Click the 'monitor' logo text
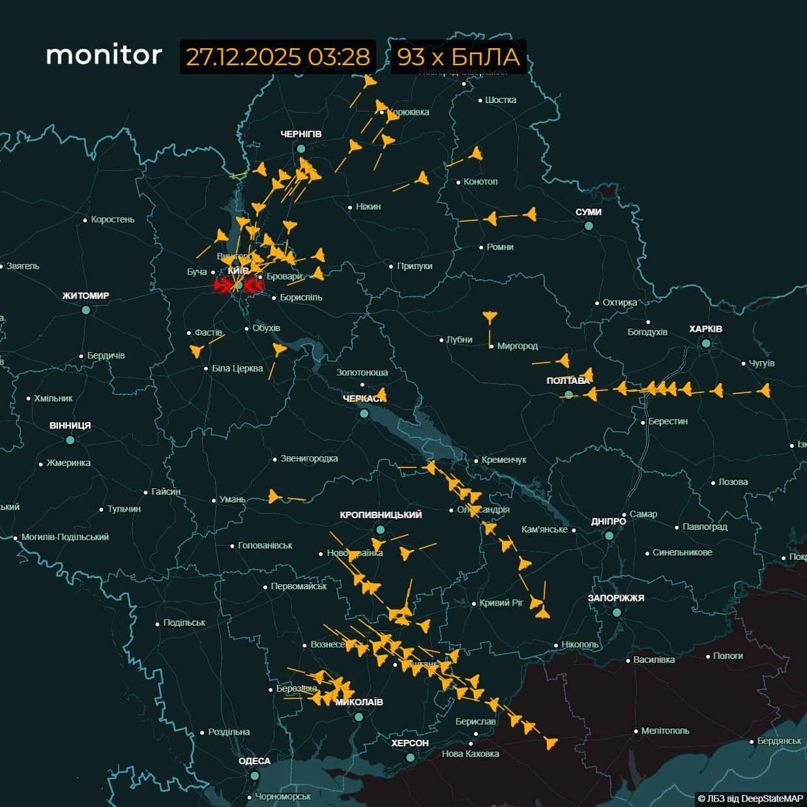point(104,55)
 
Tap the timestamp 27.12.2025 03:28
point(278,57)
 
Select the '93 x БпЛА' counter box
point(458,57)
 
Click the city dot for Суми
point(589,226)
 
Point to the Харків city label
point(705,329)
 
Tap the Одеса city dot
point(255,776)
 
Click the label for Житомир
point(85,296)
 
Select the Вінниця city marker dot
point(70,440)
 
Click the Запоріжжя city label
point(616,598)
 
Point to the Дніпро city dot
point(609,535)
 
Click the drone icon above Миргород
point(490,317)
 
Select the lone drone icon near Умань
point(274,497)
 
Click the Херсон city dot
point(410,757)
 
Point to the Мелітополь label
point(665,731)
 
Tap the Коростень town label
point(112,220)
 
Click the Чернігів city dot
point(301,149)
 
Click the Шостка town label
point(501,100)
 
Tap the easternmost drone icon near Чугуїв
point(764,390)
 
